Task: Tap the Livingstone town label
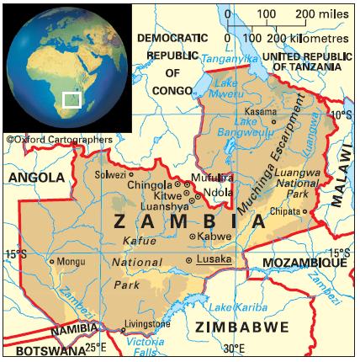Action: [148, 324]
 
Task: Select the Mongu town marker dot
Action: [51, 262]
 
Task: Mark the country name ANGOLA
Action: [36, 178]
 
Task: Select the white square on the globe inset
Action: [72, 101]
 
